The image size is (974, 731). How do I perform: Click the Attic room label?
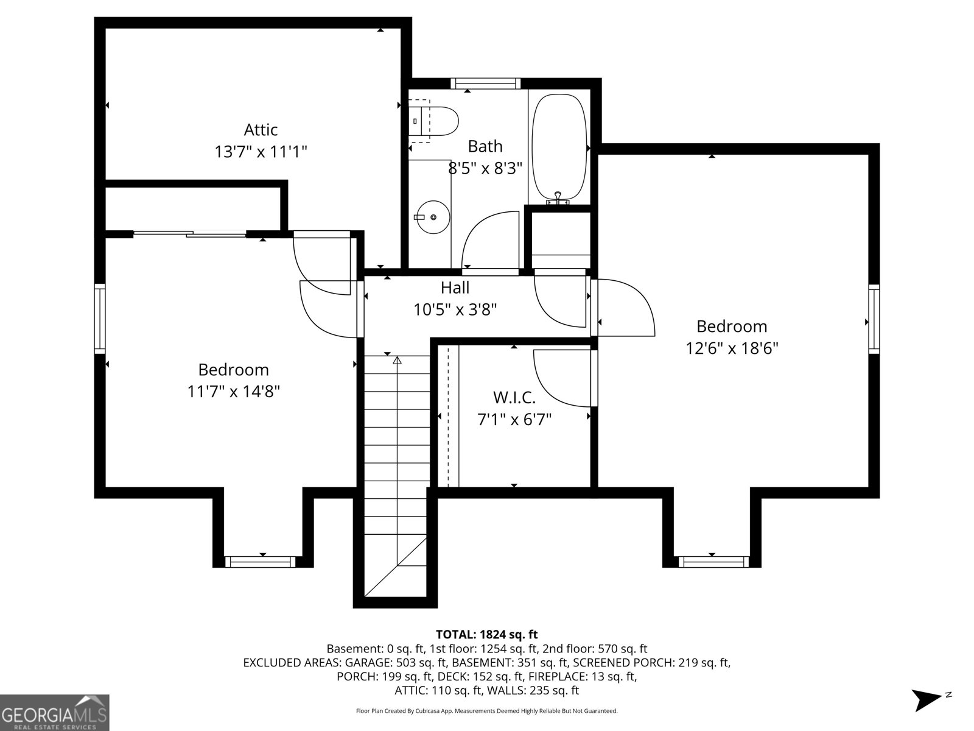click(261, 130)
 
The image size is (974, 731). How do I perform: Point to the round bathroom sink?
click(432, 217)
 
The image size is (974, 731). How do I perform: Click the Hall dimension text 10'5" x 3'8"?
click(455, 309)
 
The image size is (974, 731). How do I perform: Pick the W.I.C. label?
click(514, 398)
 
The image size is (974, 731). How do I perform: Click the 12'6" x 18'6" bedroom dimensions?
click(732, 348)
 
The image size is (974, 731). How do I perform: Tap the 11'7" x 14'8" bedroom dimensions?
click(233, 391)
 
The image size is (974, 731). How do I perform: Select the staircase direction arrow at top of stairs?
click(398, 361)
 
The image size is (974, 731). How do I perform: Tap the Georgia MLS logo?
click(54, 712)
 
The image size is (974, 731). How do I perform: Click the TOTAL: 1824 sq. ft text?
click(486, 635)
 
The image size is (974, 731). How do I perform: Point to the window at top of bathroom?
click(485, 83)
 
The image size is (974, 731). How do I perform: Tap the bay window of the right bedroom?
click(711, 562)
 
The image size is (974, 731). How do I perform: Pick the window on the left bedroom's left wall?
click(100, 318)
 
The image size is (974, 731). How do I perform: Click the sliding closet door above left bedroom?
click(190, 233)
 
